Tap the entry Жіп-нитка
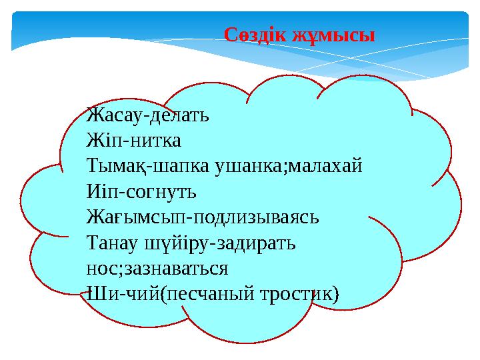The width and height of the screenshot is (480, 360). pos(133,141)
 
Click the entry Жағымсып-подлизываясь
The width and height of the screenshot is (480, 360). pos(203,218)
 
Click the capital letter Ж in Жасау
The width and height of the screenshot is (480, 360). pos(93,115)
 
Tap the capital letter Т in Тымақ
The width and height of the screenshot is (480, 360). pos(92,167)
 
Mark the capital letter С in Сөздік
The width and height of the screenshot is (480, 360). pos(230,35)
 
